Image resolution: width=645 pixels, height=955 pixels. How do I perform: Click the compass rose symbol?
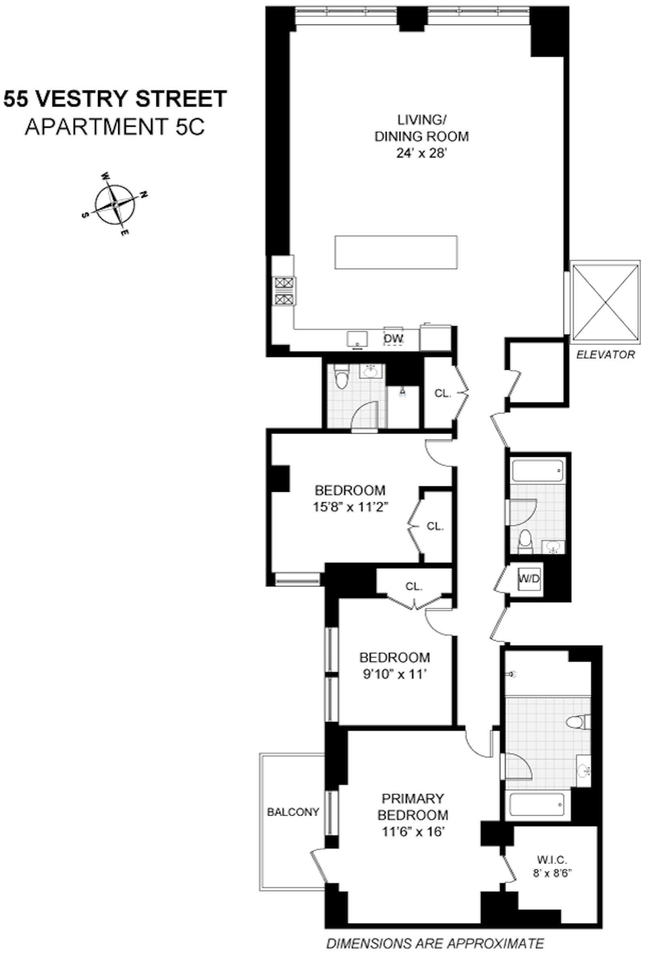pyautogui.click(x=114, y=204)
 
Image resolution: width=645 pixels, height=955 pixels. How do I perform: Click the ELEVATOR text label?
pyautogui.click(x=605, y=354)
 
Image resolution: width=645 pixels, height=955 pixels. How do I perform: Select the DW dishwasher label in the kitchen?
pyautogui.click(x=393, y=338)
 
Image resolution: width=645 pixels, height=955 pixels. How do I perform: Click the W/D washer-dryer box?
pyautogui.click(x=529, y=579)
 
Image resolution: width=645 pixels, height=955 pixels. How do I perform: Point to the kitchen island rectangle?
pyautogui.click(x=395, y=252)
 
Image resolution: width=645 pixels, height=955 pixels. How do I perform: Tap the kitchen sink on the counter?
pyautogui.click(x=356, y=340)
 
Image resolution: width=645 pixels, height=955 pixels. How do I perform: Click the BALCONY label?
pyautogui.click(x=293, y=812)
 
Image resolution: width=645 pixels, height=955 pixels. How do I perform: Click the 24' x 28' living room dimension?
pyautogui.click(x=421, y=153)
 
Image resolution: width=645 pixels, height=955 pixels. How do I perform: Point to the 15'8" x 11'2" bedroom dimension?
pyautogui.click(x=350, y=507)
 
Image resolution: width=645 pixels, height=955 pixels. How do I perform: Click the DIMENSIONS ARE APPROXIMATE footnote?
pyautogui.click(x=435, y=942)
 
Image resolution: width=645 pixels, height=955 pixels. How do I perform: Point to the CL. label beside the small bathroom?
pyautogui.click(x=443, y=393)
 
